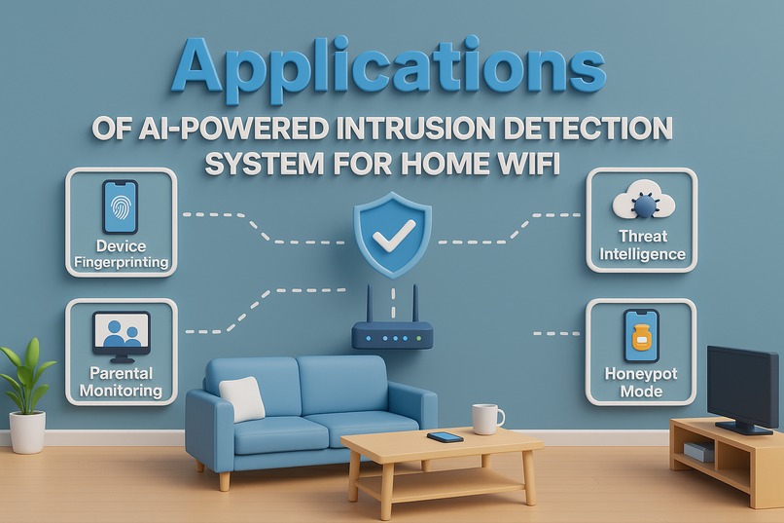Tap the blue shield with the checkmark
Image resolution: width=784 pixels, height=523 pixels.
[x=392, y=233]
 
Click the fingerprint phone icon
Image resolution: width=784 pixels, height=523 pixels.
[x=120, y=205]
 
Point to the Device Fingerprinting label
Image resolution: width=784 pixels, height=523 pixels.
[x=121, y=254]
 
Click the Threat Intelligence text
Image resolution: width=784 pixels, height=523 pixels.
[x=642, y=245]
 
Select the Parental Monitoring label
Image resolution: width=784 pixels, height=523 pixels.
[x=121, y=381]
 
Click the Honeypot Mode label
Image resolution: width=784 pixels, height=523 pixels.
[x=641, y=382]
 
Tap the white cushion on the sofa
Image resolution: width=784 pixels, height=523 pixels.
[x=242, y=398]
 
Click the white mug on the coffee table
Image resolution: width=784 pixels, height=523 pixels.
[x=485, y=419]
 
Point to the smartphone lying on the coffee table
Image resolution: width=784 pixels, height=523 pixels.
[x=445, y=437]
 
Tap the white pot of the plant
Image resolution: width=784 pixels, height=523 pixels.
[x=27, y=431]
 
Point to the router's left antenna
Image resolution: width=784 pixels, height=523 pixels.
[x=372, y=303]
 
